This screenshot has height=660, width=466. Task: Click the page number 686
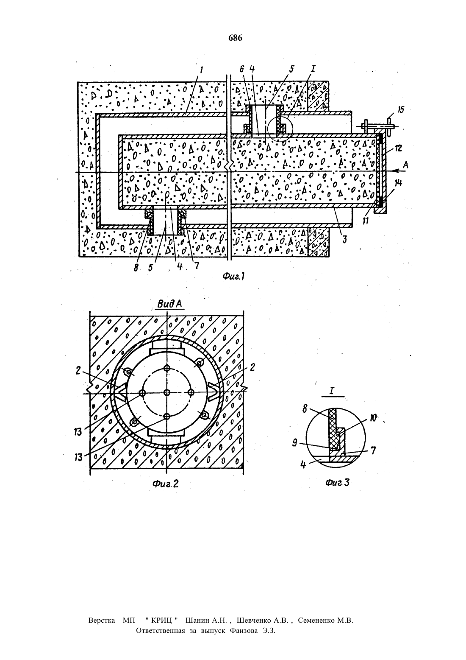click(236, 38)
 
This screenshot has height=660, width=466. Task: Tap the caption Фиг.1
click(234, 276)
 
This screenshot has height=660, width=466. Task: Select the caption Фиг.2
click(166, 484)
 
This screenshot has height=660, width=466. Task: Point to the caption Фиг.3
click(338, 482)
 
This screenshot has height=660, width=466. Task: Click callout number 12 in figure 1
click(398, 148)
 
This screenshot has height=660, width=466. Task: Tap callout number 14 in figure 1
click(398, 183)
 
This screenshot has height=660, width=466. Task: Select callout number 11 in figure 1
click(366, 221)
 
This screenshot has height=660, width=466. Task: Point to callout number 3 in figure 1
click(344, 239)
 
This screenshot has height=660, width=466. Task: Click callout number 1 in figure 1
click(201, 70)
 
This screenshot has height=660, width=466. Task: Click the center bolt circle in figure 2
click(167, 392)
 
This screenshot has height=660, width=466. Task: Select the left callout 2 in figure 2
click(78, 371)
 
